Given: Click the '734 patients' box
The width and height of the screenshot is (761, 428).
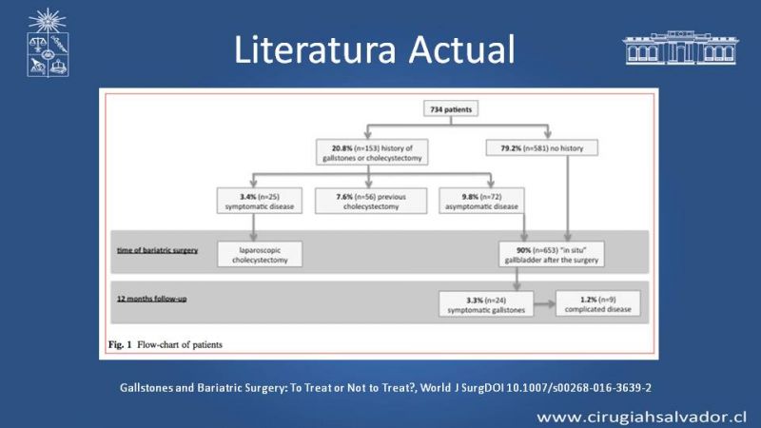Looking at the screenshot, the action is coord(451,108).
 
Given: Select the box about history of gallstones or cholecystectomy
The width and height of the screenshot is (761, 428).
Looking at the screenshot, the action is coord(372,152).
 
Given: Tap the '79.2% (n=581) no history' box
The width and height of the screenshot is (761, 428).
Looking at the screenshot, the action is coord(541,148).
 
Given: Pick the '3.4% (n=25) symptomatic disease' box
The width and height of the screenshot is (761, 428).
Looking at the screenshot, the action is coord(259,201).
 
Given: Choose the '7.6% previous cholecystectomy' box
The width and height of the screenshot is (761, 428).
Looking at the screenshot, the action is coord(371,201).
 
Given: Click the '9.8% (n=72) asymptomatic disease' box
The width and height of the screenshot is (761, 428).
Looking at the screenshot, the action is coord(481,201).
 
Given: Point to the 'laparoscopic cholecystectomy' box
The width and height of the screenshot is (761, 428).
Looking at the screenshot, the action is coord(260,254).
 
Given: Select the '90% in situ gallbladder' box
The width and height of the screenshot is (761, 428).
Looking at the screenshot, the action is coord(552,254).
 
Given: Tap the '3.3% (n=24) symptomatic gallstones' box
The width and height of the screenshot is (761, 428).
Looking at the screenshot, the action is coord(486,304).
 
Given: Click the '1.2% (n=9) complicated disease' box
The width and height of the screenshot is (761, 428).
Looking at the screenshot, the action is coord(598,303).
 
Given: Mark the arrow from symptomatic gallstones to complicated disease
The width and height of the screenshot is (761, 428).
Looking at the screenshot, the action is coord(544,304).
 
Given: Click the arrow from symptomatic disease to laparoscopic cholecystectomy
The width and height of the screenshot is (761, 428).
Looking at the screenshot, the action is coord(253,227).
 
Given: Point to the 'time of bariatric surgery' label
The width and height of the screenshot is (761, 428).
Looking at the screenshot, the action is coord(157,250).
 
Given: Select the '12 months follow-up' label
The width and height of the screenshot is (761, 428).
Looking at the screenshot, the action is coord(151,299).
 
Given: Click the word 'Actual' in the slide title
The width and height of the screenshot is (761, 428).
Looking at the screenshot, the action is coord(461,49).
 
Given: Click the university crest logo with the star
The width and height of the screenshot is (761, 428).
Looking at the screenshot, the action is coord(48,43).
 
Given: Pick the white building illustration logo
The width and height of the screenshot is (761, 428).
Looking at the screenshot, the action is coord(680,48).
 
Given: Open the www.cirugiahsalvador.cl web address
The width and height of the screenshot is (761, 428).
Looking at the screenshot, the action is coord(641,417).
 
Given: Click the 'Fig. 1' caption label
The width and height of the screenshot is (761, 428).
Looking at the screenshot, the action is coord(120,344).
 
